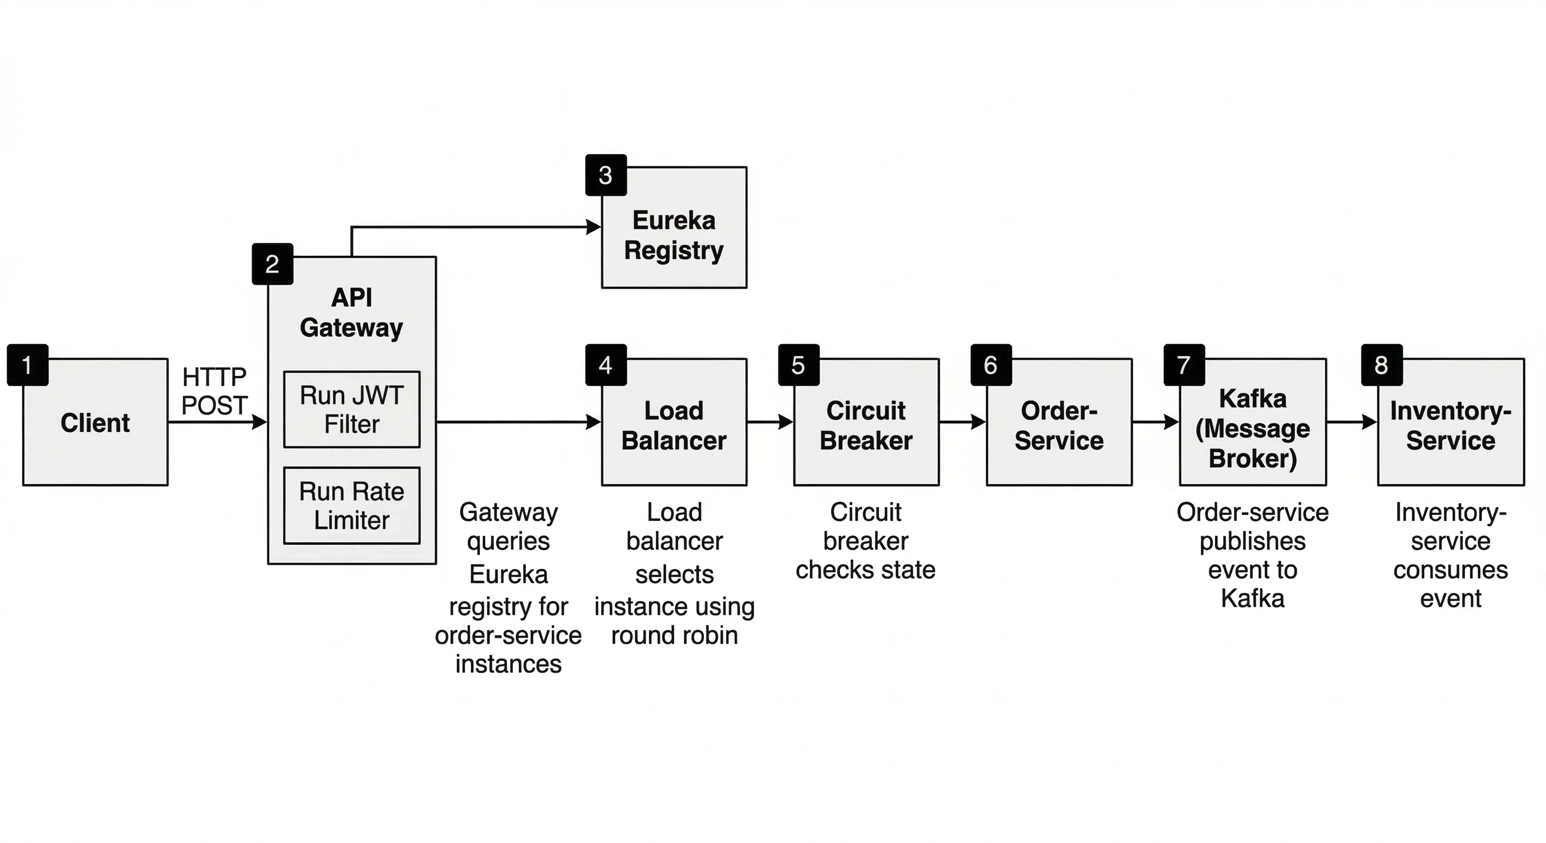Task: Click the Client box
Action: pyautogui.click(x=96, y=423)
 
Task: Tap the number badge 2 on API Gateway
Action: pyautogui.click(x=272, y=264)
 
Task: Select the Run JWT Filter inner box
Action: pyautogui.click(x=352, y=410)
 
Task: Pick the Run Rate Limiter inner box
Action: pyautogui.click(x=352, y=506)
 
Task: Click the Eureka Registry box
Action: pyautogui.click(x=674, y=235)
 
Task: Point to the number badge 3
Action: pyautogui.click(x=606, y=175)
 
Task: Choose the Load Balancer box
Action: pyautogui.click(x=674, y=426)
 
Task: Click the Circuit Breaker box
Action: pyautogui.click(x=866, y=426)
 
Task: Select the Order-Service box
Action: pyautogui.click(x=1059, y=426)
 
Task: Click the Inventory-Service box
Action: pyautogui.click(x=1450, y=426)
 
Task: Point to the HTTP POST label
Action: pyautogui.click(x=214, y=391)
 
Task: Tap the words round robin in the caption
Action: pyautogui.click(x=674, y=635)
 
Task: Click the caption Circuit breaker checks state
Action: pyautogui.click(x=865, y=541)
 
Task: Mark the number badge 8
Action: pyautogui.click(x=1381, y=365)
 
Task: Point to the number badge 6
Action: pyautogui.click(x=991, y=365)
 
